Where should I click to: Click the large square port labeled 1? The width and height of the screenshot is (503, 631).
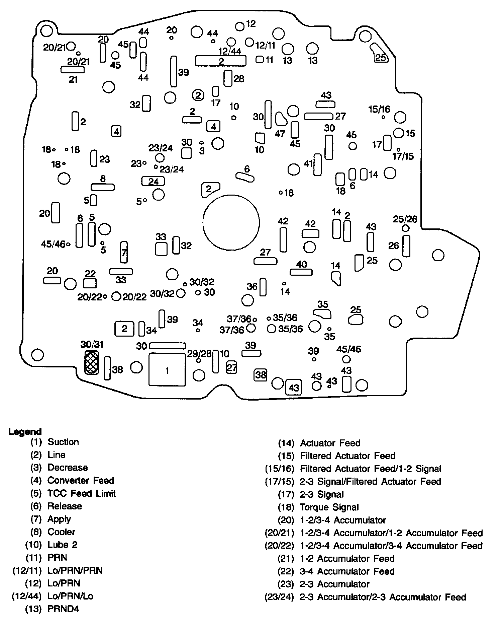167,369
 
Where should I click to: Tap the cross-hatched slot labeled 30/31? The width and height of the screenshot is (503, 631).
91,363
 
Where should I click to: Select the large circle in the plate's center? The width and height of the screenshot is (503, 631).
231,222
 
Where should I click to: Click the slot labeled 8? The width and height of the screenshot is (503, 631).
103,187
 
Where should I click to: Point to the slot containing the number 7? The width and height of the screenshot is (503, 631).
124,252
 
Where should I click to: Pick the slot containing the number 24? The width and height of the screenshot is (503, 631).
153,182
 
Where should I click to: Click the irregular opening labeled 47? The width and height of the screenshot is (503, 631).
281,119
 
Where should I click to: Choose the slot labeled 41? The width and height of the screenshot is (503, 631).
318,165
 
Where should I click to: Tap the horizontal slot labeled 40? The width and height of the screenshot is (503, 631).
301,272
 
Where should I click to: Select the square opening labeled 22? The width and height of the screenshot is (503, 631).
90,283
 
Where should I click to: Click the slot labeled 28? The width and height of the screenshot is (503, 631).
228,78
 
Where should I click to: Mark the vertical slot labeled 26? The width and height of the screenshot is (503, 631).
406,246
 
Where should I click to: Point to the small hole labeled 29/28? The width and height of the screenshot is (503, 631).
199,360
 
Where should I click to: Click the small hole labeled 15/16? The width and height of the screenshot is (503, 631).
383,117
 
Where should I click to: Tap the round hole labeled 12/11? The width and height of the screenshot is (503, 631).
249,42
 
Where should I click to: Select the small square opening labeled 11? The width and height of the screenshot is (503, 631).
260,60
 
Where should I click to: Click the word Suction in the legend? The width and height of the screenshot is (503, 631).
63,442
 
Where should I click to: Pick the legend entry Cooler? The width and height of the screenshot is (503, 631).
62,532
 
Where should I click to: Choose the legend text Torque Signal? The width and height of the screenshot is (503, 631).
329,507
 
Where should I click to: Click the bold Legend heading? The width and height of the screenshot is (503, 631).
25,432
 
